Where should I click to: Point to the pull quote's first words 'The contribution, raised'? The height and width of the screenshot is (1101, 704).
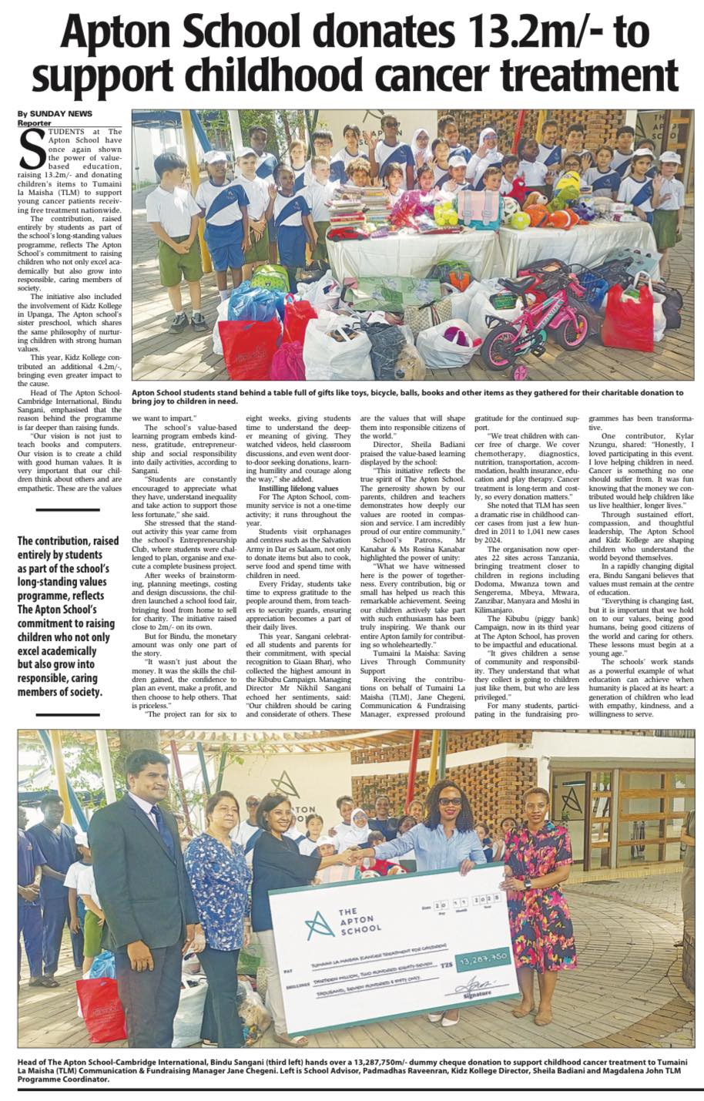tap(69, 540)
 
